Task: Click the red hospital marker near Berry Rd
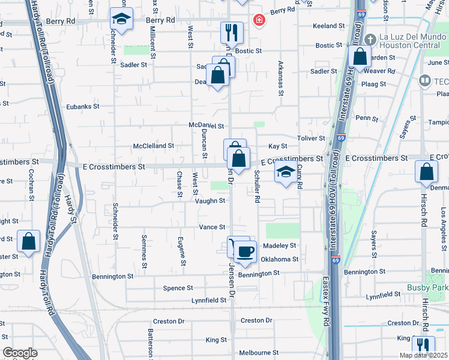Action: (x=259, y=21)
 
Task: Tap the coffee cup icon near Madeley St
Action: (x=244, y=251)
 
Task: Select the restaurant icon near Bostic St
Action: (x=232, y=31)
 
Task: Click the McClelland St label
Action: (x=153, y=146)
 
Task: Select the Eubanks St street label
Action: (x=83, y=106)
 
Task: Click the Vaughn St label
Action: (x=210, y=202)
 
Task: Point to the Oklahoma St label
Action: (x=279, y=259)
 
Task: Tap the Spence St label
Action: (x=178, y=288)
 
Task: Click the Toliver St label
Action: (x=311, y=138)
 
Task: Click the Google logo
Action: (x=20, y=353)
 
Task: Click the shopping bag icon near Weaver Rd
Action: (x=360, y=58)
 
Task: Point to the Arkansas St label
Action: (x=280, y=77)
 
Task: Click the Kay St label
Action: (x=278, y=146)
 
